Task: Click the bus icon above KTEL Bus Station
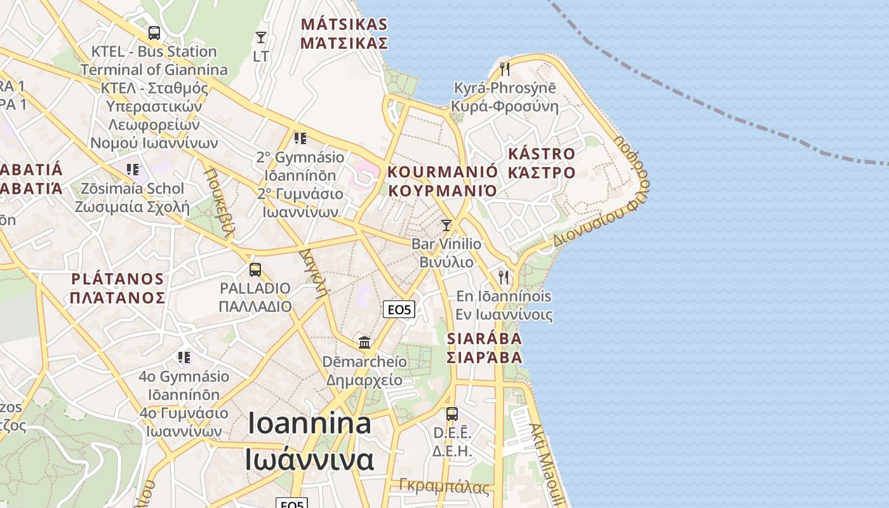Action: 154,32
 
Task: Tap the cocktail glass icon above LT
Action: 260,37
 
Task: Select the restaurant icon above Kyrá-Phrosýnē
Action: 505,69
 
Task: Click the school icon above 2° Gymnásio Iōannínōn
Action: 300,138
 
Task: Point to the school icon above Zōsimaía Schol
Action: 133,170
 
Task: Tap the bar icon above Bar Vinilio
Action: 446,225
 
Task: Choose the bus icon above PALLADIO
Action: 255,270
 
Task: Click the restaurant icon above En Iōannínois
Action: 504,277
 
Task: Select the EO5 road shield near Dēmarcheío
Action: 400,310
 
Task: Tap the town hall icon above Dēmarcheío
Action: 364,343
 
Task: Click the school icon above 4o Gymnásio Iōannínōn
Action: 184,358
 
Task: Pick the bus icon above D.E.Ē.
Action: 452,414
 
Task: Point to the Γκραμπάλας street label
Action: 444,487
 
